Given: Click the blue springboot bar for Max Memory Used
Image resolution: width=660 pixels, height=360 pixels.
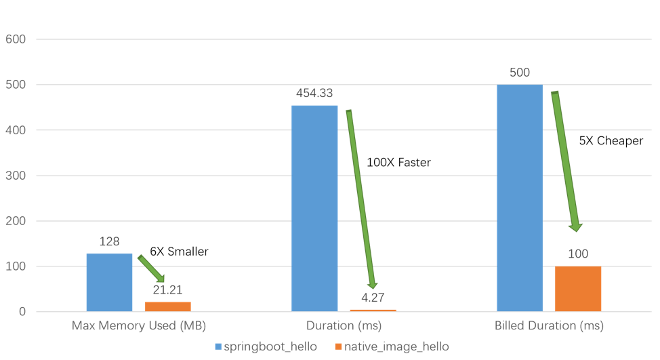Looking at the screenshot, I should point(109,282).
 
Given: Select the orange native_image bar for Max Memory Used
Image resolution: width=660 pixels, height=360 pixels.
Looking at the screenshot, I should point(168,306).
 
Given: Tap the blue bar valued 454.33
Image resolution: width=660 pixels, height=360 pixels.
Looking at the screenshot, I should point(314,208).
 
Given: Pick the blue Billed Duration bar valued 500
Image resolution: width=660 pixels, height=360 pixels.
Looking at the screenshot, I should point(520,198).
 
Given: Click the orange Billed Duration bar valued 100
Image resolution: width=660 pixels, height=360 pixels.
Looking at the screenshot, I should point(578,289).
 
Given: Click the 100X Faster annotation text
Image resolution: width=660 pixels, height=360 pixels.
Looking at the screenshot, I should point(398,163).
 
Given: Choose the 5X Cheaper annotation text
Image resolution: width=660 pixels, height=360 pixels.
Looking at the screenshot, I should point(611,141).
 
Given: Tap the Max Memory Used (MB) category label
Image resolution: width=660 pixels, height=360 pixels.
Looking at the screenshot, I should point(138,326).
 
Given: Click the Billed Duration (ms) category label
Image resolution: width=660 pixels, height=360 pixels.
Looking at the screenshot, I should point(548,326).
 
